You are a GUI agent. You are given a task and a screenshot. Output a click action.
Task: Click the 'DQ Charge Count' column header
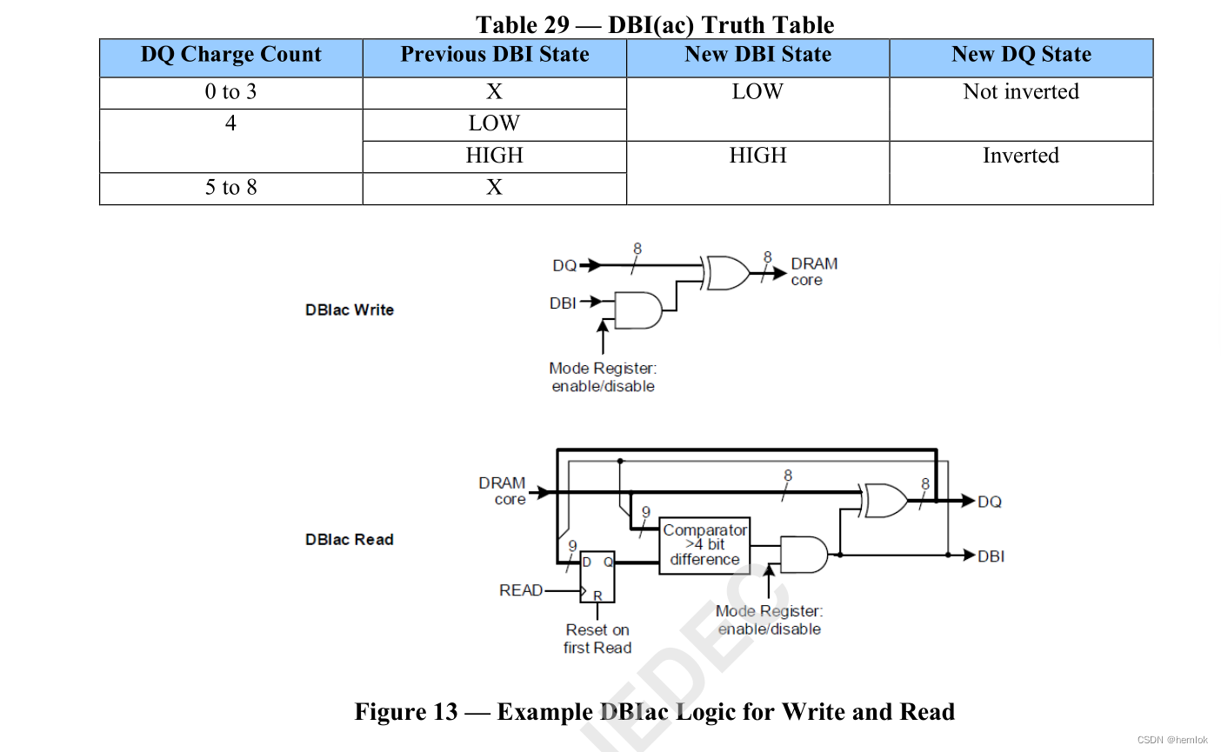230,55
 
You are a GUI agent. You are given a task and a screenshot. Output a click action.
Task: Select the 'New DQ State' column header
1021,55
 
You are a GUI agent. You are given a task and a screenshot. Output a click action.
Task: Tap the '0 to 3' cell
230,92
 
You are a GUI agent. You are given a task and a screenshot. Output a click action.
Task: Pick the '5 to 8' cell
230,188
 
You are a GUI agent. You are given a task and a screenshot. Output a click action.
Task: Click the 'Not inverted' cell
1021,92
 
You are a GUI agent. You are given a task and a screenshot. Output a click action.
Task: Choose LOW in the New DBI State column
757,92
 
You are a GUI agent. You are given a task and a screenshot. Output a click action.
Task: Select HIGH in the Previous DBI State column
494,156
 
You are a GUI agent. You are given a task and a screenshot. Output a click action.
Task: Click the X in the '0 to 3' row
494,92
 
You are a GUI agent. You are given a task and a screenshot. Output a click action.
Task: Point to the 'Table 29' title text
655,24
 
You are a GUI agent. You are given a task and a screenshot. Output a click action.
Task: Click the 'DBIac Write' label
350,310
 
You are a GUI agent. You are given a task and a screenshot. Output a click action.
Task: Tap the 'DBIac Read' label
350,540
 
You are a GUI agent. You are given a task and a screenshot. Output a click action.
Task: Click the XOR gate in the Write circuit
728,273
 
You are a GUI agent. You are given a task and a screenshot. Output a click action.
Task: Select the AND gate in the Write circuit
638,310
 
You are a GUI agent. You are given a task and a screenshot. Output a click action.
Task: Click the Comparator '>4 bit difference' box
704,545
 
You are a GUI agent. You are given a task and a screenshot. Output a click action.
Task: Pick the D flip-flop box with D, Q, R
597,576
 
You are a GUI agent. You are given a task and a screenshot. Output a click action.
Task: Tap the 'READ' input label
521,590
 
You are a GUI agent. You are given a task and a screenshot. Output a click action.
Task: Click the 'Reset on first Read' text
597,639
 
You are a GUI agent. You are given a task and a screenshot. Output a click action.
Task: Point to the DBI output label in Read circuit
991,556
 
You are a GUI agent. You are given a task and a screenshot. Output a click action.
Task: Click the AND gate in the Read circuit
804,555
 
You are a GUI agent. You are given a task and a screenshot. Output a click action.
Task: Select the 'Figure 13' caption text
654,712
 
